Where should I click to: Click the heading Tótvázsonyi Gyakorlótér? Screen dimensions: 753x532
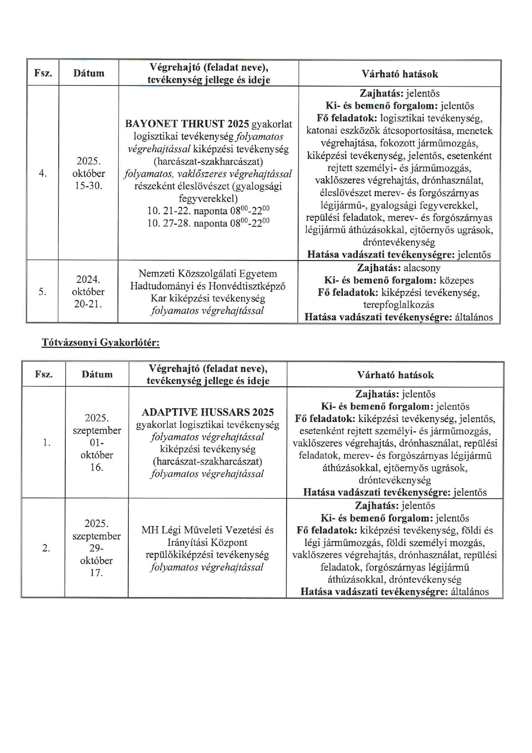pyautogui.click(x=101, y=343)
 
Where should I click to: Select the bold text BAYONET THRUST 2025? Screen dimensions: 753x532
pyautogui.click(x=187, y=124)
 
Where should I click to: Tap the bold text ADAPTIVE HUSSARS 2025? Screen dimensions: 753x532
pyautogui.click(x=208, y=412)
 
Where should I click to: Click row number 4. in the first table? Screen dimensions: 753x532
pyautogui.click(x=43, y=173)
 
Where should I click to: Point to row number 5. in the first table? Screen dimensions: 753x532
pyautogui.click(x=42, y=292)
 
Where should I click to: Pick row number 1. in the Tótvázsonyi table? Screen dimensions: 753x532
pyautogui.click(x=47, y=443)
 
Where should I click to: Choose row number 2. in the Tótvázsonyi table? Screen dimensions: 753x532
pyautogui.click(x=46, y=548)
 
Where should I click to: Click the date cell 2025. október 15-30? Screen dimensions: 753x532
pyautogui.click(x=89, y=173)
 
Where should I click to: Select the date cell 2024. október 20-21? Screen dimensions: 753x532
pyautogui.click(x=88, y=292)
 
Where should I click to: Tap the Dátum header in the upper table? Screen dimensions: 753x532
pyautogui.click(x=89, y=73)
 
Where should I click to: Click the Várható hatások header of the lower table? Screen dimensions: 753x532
pyautogui.click(x=395, y=375)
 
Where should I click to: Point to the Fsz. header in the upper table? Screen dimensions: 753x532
pyautogui.click(x=43, y=73)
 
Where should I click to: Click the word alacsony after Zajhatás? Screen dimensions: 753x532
pyautogui.click(x=422, y=268)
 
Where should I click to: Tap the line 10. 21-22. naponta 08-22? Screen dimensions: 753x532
pyautogui.click(x=208, y=211)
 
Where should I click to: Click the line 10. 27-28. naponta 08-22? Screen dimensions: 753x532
pyautogui.click(x=208, y=223)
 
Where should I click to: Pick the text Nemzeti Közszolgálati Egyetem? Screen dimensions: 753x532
pyautogui.click(x=208, y=274)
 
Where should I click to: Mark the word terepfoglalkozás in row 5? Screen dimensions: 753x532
pyautogui.click(x=399, y=305)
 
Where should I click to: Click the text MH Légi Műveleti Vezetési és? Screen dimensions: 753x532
pyautogui.click(x=207, y=530)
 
